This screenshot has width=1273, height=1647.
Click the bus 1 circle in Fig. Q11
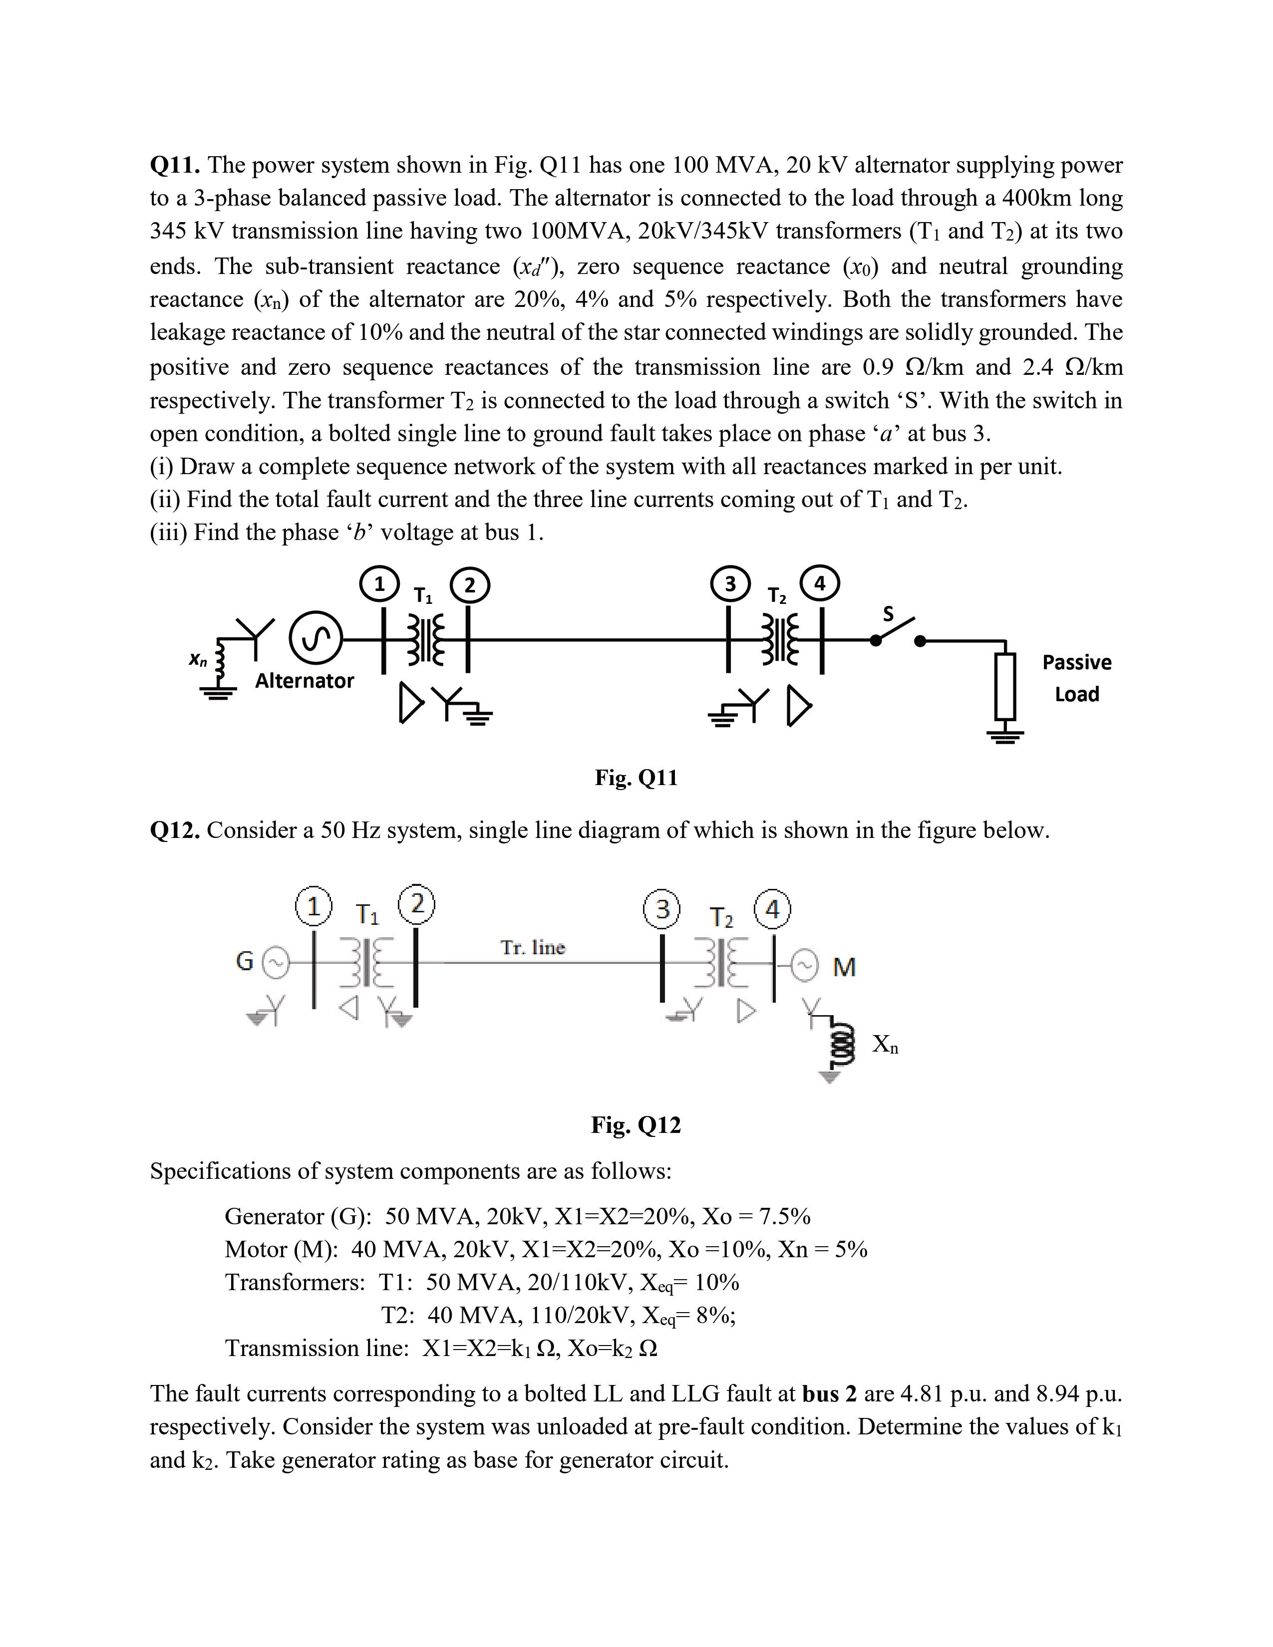[379, 584]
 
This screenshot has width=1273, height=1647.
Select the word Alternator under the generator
[304, 681]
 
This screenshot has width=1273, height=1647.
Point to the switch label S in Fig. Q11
[889, 614]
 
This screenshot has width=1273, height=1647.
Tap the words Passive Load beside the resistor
[1076, 678]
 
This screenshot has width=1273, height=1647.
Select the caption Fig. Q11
[636, 778]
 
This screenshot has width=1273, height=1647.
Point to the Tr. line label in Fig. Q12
[533, 947]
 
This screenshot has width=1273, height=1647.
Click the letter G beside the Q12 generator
[244, 962]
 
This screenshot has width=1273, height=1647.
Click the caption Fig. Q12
[636, 1125]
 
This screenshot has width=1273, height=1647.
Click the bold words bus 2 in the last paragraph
[830, 1393]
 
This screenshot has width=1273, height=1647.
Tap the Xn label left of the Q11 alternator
[198, 660]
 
